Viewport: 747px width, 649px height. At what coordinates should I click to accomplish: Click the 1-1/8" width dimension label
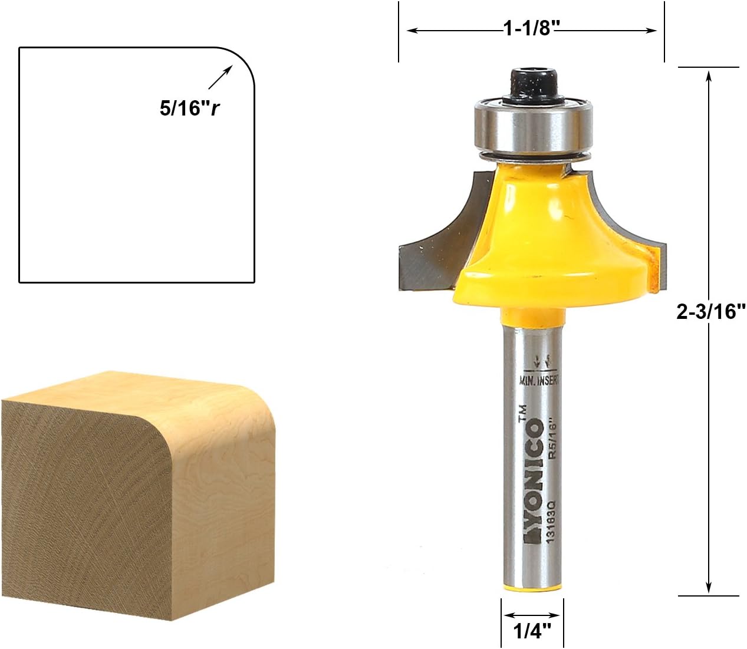[x=531, y=28]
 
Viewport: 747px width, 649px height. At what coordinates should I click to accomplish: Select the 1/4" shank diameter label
[x=532, y=631]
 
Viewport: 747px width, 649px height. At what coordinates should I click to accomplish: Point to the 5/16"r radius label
[x=189, y=108]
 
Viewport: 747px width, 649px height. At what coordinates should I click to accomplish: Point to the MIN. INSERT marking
[x=539, y=380]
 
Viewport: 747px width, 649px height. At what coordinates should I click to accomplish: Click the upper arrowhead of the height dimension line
[x=708, y=74]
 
